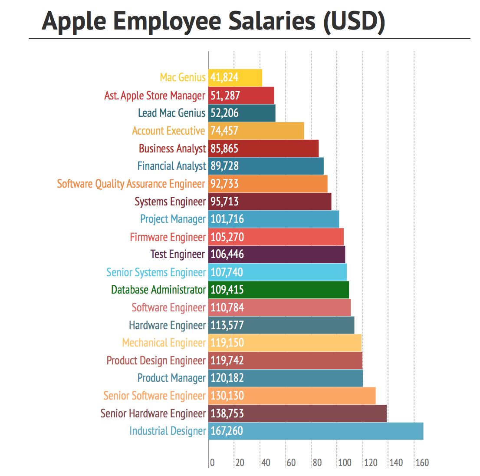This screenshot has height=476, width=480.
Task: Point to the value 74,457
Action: (224, 131)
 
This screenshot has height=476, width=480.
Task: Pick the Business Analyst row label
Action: (172, 149)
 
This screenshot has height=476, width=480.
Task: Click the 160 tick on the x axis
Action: (422, 463)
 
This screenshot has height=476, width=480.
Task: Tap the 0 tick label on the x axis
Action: (212, 463)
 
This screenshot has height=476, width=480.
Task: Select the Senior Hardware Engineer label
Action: (153, 413)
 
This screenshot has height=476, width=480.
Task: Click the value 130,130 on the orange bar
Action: (227, 396)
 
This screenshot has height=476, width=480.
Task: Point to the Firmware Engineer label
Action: (168, 237)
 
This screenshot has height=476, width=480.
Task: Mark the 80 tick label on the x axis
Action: (317, 463)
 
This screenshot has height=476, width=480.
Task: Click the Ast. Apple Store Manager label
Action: (155, 96)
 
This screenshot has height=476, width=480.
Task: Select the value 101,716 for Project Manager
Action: (227, 219)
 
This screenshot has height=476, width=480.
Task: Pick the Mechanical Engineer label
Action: (164, 343)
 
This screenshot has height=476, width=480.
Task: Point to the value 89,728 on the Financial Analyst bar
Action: (224, 166)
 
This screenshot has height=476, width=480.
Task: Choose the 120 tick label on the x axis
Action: (371, 463)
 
